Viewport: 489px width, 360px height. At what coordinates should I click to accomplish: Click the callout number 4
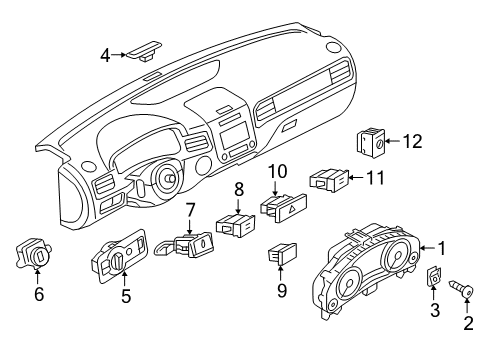pyautogui.click(x=105, y=55)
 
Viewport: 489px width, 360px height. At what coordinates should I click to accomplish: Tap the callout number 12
pyautogui.click(x=413, y=141)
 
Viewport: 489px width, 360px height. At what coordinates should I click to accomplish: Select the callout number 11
pyautogui.click(x=375, y=178)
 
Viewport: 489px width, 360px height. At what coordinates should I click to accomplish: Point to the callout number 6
pyautogui.click(x=39, y=294)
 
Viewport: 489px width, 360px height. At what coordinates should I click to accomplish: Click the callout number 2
pyautogui.click(x=468, y=323)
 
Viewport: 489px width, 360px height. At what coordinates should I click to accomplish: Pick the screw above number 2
pyautogui.click(x=462, y=288)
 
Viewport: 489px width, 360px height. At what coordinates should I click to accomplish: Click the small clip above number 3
pyautogui.click(x=433, y=277)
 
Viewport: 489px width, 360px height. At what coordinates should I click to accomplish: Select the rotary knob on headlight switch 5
pyautogui.click(x=119, y=260)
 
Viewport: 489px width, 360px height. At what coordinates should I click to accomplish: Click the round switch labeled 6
pyautogui.click(x=33, y=254)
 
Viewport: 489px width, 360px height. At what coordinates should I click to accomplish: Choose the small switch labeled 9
pyautogui.click(x=282, y=254)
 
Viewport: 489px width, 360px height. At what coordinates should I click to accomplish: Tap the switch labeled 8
pyautogui.click(x=236, y=225)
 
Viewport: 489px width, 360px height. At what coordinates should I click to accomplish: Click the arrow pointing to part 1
pyautogui.click(x=428, y=248)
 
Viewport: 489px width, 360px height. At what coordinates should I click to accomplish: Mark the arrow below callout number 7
pyautogui.click(x=190, y=226)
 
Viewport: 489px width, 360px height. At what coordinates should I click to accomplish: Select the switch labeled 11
pyautogui.click(x=329, y=180)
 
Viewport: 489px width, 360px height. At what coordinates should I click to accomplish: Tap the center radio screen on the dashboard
pyautogui.click(x=234, y=136)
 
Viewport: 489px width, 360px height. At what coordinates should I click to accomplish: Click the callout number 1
pyautogui.click(x=442, y=248)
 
